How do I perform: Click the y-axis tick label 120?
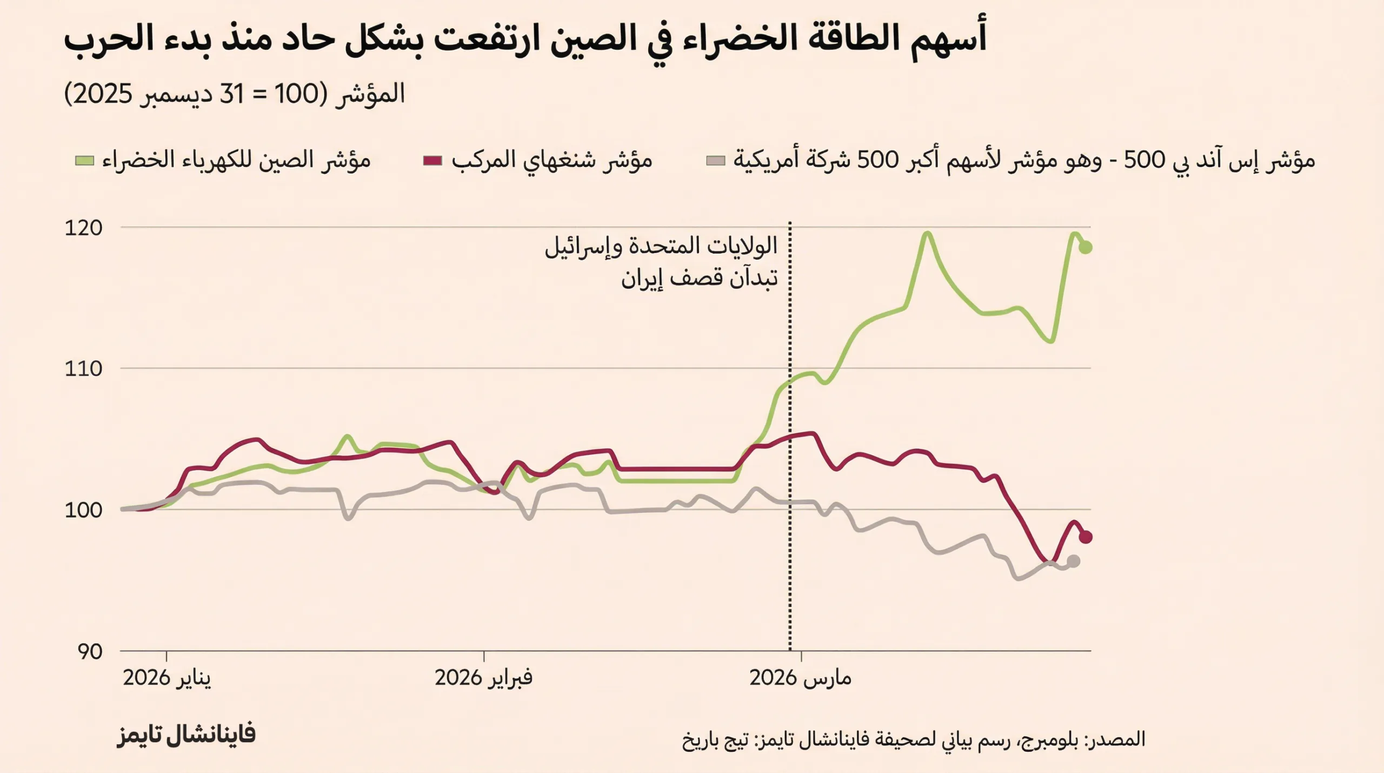point(83,228)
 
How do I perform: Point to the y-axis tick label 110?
point(83,369)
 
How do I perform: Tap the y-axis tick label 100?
point(83,510)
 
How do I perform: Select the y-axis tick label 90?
point(90,652)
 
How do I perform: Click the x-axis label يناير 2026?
point(167,678)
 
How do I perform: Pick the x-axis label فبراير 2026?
point(483,678)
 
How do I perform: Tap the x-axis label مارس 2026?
point(800,678)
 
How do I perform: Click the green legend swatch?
point(84,161)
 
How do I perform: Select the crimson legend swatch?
point(432,161)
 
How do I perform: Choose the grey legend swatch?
point(716,161)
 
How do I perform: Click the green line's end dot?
point(1085,247)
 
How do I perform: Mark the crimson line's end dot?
point(1085,537)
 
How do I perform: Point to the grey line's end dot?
point(1074,561)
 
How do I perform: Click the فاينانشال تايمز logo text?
point(187,735)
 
